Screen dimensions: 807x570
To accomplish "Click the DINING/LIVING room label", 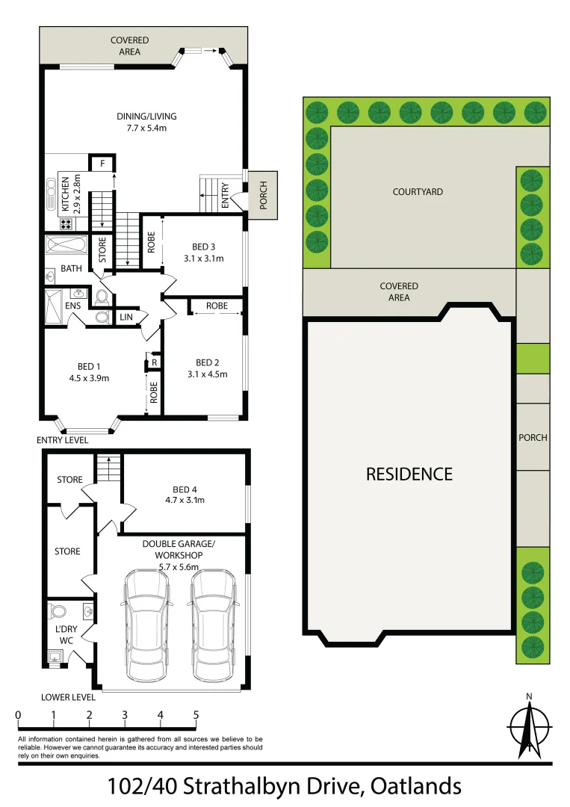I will [x=146, y=116].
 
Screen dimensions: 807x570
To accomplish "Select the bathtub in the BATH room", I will [x=66, y=246].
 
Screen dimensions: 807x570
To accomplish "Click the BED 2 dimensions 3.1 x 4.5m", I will [x=207, y=374].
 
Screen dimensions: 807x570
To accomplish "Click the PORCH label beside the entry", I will [x=263, y=195].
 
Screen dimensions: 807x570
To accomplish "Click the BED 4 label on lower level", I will [x=184, y=489].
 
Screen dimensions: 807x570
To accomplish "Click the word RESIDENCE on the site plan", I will [x=409, y=474].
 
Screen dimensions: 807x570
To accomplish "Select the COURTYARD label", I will [x=418, y=192].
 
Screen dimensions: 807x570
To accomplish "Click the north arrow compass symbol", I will [x=529, y=727].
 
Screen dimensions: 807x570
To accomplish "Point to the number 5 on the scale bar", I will [x=196, y=715].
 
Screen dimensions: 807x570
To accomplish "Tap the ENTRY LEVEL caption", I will [x=63, y=441].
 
